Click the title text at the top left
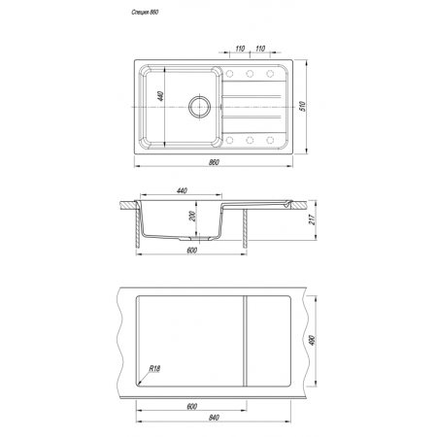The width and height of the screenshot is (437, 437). click(145, 13)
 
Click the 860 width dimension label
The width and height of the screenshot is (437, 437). click(214, 162)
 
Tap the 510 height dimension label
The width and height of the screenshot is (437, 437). click(303, 106)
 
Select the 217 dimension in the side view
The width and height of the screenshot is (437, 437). click(313, 220)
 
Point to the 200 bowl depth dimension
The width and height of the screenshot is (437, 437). click(192, 217)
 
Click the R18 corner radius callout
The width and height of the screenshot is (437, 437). click(154, 369)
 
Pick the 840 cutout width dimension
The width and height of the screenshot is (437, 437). click(214, 418)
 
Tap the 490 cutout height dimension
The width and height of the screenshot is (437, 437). click(313, 340)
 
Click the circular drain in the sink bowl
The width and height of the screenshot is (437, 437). click(199, 106)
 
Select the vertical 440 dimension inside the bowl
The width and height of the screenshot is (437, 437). click(160, 96)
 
